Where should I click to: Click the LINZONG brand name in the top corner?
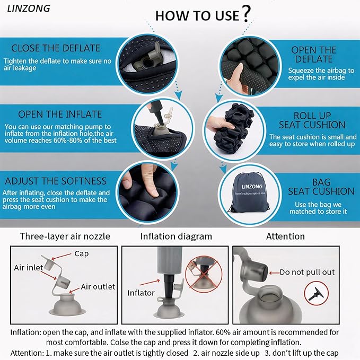(x=29, y=8)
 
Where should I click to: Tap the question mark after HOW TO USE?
(x=246, y=14)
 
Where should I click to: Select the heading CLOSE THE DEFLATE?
(x=56, y=48)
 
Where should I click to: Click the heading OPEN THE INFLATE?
(x=60, y=115)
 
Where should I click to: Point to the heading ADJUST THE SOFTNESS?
(x=56, y=181)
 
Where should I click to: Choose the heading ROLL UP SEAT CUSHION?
(x=312, y=120)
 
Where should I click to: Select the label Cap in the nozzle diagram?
(x=82, y=254)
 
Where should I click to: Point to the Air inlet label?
(x=29, y=267)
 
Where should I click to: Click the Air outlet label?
(x=98, y=286)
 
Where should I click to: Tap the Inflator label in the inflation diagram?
(x=141, y=293)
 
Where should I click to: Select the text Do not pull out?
(x=307, y=272)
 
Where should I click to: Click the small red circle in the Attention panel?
(x=317, y=293)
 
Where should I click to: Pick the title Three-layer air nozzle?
(x=65, y=236)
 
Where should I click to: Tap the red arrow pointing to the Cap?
(x=62, y=257)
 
